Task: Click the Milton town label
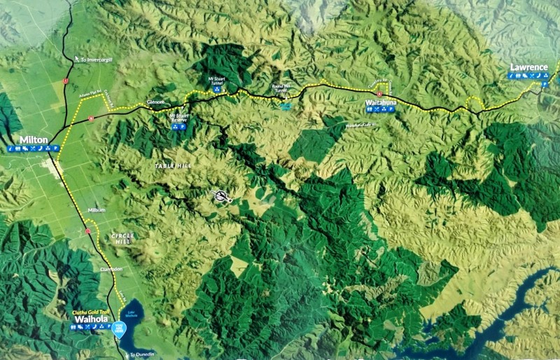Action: [x=34, y=140]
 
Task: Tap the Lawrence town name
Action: [x=528, y=67]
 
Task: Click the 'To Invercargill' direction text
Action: [x=97, y=60]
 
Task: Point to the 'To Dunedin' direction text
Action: [x=141, y=354]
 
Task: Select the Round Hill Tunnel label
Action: [x=281, y=88]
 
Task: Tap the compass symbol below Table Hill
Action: [x=223, y=196]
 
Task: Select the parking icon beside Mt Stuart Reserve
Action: [x=183, y=127]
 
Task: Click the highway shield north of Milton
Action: [x=65, y=81]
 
